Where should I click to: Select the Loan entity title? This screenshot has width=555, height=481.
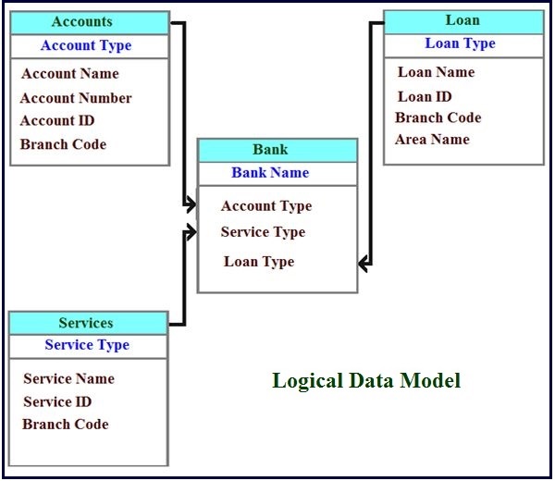462,20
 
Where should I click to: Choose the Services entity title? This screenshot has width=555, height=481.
86,323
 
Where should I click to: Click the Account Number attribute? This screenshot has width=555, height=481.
76,98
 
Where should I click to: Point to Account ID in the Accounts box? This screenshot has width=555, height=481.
57,120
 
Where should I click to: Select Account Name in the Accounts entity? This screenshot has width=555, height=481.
70,74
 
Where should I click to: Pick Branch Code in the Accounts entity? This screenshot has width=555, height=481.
63,144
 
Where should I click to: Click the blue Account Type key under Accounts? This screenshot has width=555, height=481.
86,45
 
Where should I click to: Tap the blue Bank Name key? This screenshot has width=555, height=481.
270,173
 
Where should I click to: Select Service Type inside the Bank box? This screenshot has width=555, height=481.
263,232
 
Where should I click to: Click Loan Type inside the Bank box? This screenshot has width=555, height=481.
259,262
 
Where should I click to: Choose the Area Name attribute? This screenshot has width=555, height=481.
432,140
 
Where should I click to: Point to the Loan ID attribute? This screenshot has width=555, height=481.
425,96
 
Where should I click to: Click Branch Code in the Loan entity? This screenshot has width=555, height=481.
438,117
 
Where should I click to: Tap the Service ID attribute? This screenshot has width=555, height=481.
58,401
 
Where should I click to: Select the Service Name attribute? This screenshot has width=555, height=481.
69,378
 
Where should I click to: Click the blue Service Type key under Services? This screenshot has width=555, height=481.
87,345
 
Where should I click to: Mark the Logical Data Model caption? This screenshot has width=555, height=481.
366,380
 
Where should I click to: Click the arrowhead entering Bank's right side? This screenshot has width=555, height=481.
364,265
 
